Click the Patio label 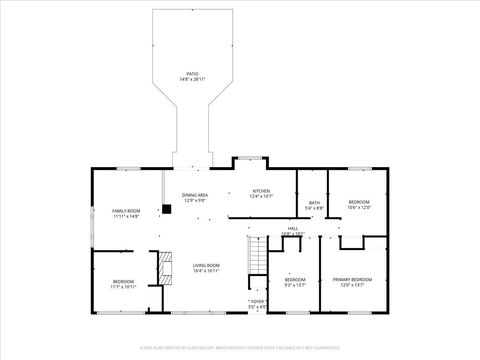[x=192, y=73]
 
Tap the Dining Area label [x=195, y=195]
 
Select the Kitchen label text [x=261, y=190]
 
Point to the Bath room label [x=314, y=203]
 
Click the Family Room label [x=125, y=211]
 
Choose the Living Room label [x=206, y=265]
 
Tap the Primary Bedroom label [x=355, y=279]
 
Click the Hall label [x=293, y=228]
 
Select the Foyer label [x=257, y=301]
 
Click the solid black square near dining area [x=167, y=210]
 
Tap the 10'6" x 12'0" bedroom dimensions [x=359, y=208]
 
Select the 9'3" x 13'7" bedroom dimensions [x=294, y=284]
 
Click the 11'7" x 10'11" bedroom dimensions [x=124, y=286]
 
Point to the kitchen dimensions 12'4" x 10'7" [x=261, y=196]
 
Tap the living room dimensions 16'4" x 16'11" [x=206, y=270]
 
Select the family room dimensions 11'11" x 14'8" [x=125, y=216]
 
